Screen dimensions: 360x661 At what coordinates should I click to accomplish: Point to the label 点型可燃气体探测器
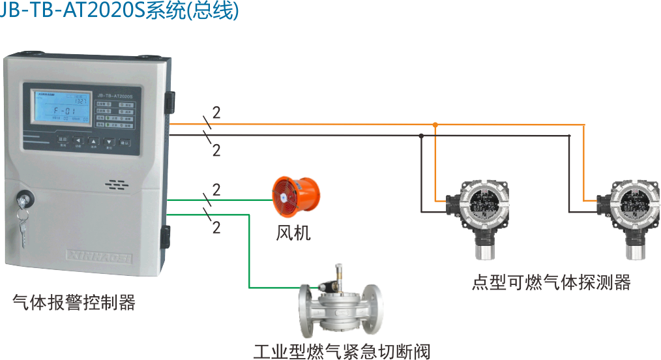tap(551, 282)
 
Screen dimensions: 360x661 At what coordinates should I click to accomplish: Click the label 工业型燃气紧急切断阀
tap(342, 352)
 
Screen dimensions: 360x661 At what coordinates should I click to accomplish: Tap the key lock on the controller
tap(25, 196)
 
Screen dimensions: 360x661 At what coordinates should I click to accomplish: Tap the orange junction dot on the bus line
tap(435, 124)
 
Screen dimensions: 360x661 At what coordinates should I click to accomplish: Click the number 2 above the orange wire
tap(216, 112)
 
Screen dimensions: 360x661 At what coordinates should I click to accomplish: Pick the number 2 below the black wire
tap(216, 151)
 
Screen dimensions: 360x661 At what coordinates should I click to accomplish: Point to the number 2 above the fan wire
tap(216, 190)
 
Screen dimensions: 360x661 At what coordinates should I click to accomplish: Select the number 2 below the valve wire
tap(216, 228)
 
